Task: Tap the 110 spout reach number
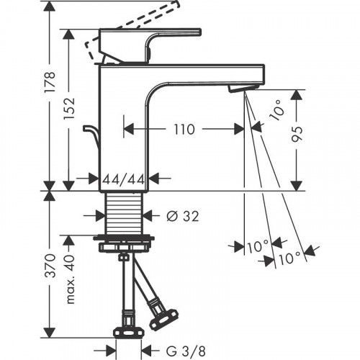pyautogui.click(x=184, y=130)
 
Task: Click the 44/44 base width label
pyautogui.click(x=125, y=177)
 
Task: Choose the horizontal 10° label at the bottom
pyautogui.click(x=256, y=246)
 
